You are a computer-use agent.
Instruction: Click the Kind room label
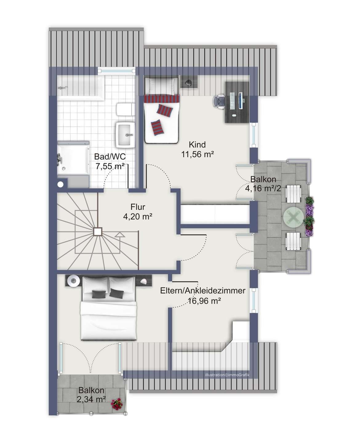[x=197, y=144]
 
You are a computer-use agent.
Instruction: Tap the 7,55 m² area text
[x=110, y=166]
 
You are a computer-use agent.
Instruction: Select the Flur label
[x=138, y=207]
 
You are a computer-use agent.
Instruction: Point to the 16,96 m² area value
[x=204, y=301]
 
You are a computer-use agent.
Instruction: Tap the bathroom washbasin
[x=126, y=135]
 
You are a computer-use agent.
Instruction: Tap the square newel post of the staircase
[x=98, y=231]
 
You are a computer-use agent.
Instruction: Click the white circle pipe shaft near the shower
[x=61, y=185]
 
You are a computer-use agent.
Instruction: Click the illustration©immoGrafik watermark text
[x=227, y=375]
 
